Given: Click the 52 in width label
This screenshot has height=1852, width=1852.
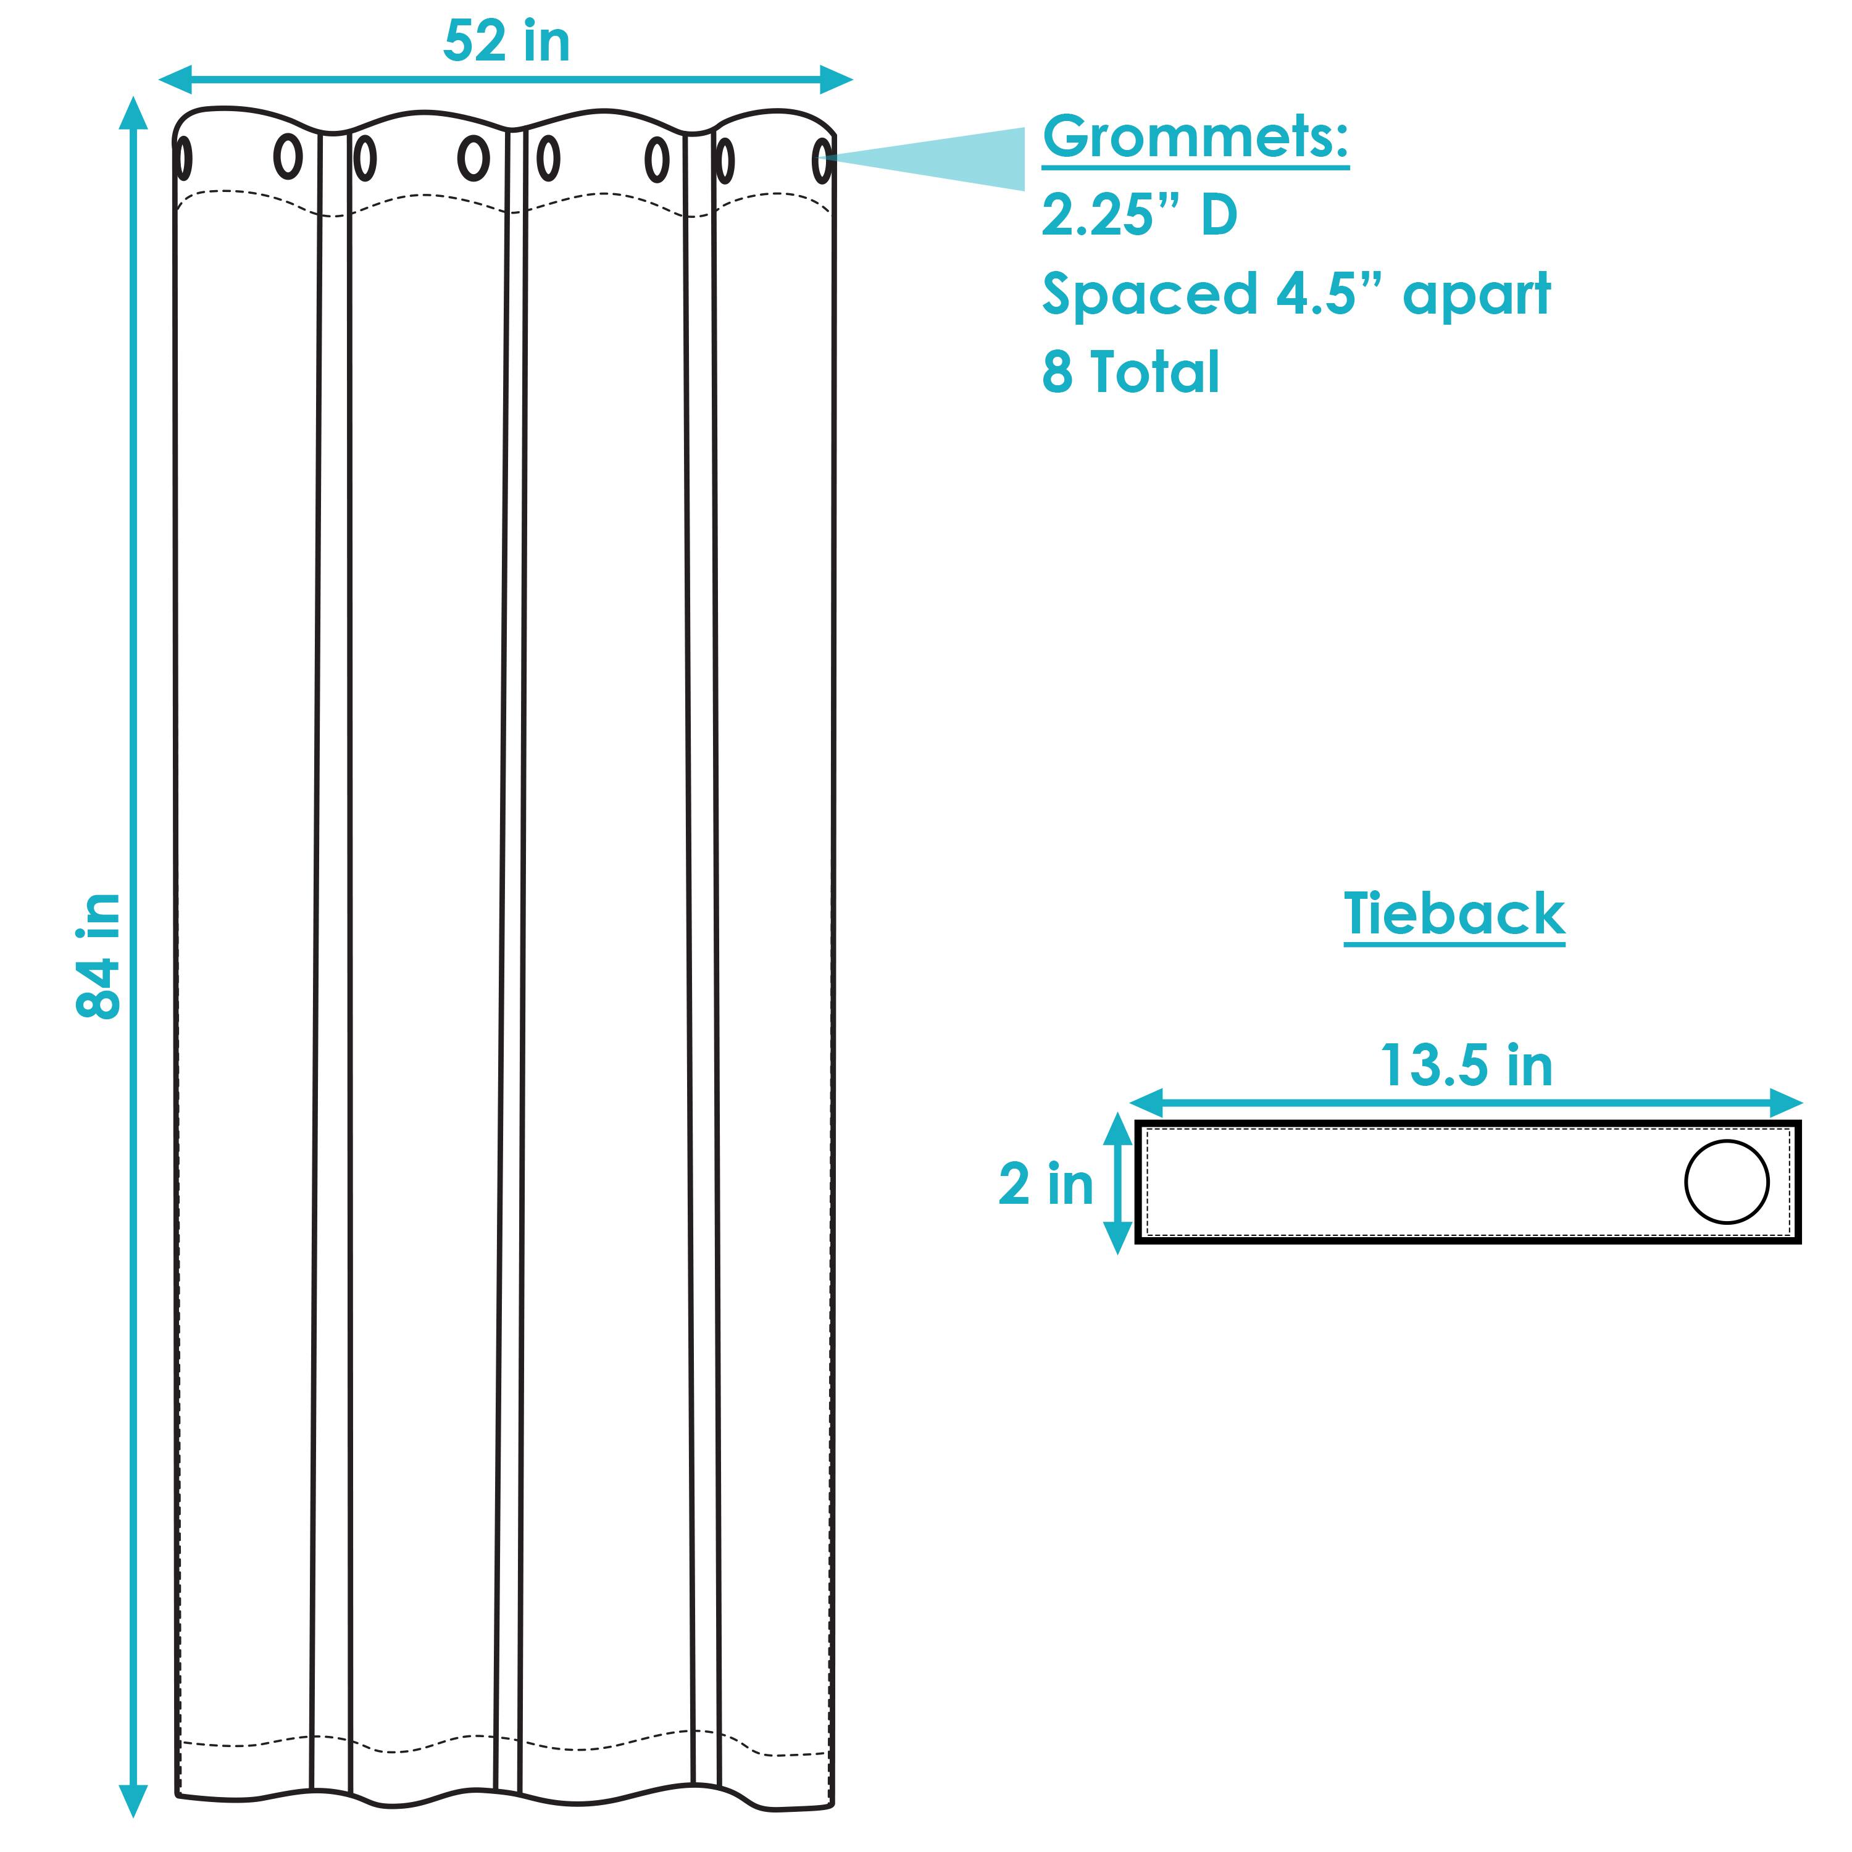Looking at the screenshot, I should [x=506, y=43].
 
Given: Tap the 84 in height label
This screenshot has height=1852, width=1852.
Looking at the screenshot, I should [x=99, y=956].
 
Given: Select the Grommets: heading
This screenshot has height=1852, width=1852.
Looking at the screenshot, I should [x=1195, y=137].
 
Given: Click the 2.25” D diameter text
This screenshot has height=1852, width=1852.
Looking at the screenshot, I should [x=1140, y=215].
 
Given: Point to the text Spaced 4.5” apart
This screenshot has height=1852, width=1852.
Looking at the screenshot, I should [x=1296, y=293].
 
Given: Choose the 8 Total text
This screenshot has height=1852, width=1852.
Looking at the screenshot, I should [x=1130, y=372].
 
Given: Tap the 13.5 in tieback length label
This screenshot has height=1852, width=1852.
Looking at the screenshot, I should [x=1466, y=1065].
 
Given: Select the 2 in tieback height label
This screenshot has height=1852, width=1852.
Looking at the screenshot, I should [x=1045, y=1184].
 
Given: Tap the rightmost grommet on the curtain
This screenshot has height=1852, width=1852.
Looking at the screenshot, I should [x=822, y=161].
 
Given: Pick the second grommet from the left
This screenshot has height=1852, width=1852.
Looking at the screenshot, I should [x=288, y=156].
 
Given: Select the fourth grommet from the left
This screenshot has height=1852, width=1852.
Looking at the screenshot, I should [x=473, y=158].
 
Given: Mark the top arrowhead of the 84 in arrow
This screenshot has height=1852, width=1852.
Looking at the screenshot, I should [x=133, y=112].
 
